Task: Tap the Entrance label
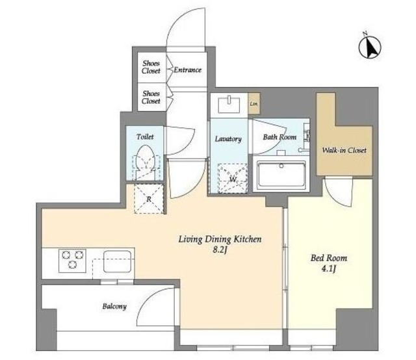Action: tap(188, 70)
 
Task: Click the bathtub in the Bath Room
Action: tap(281, 175)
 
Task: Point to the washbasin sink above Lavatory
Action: tap(229, 105)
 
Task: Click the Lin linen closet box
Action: tap(254, 103)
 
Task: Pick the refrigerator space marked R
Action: tap(149, 199)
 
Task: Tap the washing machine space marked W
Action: tap(233, 178)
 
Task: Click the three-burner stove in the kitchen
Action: tap(72, 261)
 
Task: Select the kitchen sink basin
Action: tap(117, 262)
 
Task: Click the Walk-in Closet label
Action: tap(344, 150)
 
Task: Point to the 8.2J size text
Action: tap(220, 250)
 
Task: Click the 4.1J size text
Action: tap(329, 269)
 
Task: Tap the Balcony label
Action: tap(114, 307)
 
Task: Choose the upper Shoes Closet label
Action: tap(151, 67)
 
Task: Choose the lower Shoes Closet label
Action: tap(151, 97)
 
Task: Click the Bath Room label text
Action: tap(279, 137)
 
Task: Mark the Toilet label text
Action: tap(145, 136)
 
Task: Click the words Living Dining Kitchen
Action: tap(220, 239)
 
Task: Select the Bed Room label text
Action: tap(329, 257)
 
